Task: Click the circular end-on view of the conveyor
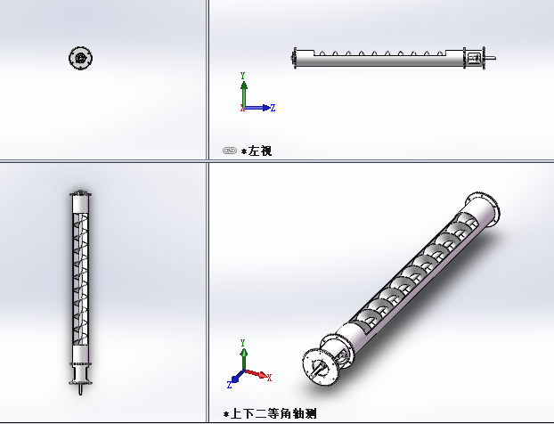tap(81, 58)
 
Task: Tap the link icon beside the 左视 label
tap(230, 151)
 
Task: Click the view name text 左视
tap(260, 151)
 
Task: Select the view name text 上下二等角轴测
tap(273, 413)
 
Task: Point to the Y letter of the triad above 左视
tap(243, 76)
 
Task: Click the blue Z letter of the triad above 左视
tap(273, 108)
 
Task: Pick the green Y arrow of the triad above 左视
tap(244, 94)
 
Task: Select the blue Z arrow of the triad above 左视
tap(257, 108)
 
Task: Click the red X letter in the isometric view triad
tap(269, 378)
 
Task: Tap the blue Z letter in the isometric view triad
tap(229, 385)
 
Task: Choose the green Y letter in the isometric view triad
tap(243, 343)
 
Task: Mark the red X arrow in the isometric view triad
tap(257, 373)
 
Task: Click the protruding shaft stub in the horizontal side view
tap(491, 58)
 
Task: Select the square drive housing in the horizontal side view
tap(474, 58)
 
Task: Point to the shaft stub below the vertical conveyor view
tap(80, 389)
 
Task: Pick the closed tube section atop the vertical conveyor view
tap(80, 204)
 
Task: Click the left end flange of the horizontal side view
tap(294, 58)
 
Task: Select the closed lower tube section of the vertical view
tap(80, 354)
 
